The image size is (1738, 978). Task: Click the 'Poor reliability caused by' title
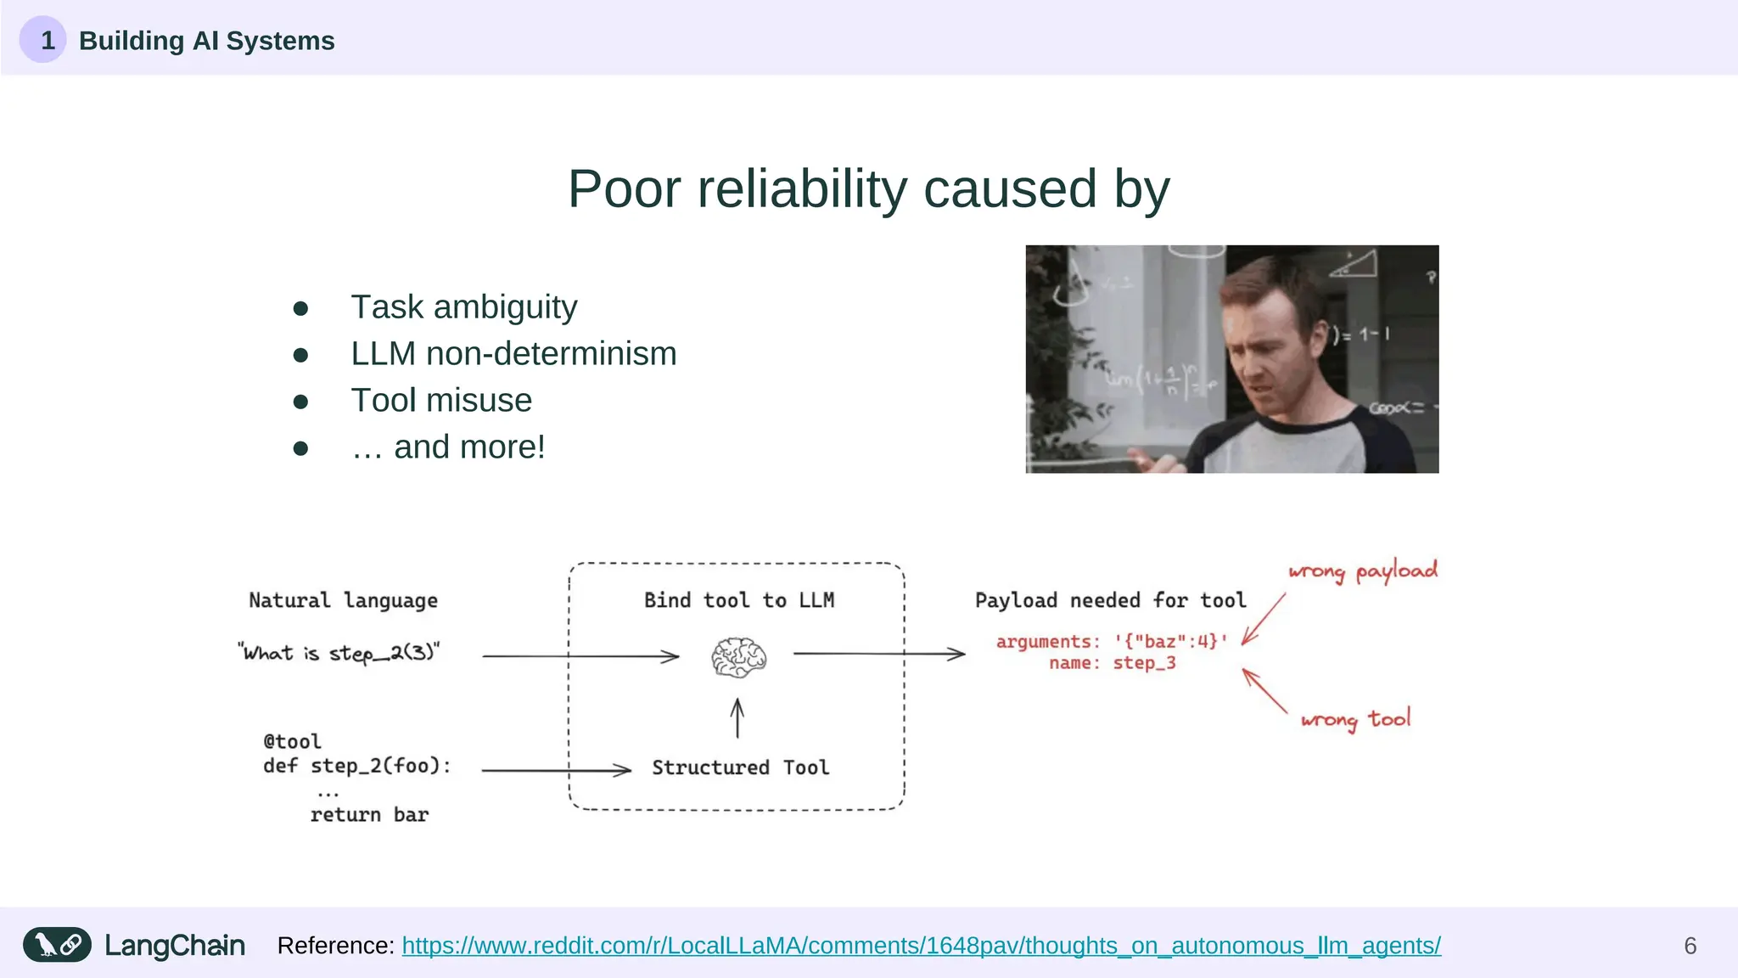point(868,188)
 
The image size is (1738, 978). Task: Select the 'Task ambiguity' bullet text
point(463,307)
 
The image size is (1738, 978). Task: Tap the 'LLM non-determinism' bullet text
point(513,354)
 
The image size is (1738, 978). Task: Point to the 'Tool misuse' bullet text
point(441,401)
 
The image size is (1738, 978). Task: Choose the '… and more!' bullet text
point(448,447)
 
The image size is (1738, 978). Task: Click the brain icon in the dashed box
point(738,657)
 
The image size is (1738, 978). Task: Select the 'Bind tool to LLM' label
point(738,600)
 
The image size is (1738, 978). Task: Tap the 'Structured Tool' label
point(740,767)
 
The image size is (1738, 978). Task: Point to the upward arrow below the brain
point(737,718)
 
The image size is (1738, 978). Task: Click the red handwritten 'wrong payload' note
point(1362,571)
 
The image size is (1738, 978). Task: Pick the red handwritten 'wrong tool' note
point(1355,720)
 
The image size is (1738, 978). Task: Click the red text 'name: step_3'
point(1112,663)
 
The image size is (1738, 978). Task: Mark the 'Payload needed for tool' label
point(1110,600)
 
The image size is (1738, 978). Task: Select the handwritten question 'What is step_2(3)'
point(339,653)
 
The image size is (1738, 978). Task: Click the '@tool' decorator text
point(292,741)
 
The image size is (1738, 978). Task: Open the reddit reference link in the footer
point(921,946)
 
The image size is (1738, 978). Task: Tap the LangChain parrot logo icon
point(57,945)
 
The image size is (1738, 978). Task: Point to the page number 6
point(1690,946)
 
